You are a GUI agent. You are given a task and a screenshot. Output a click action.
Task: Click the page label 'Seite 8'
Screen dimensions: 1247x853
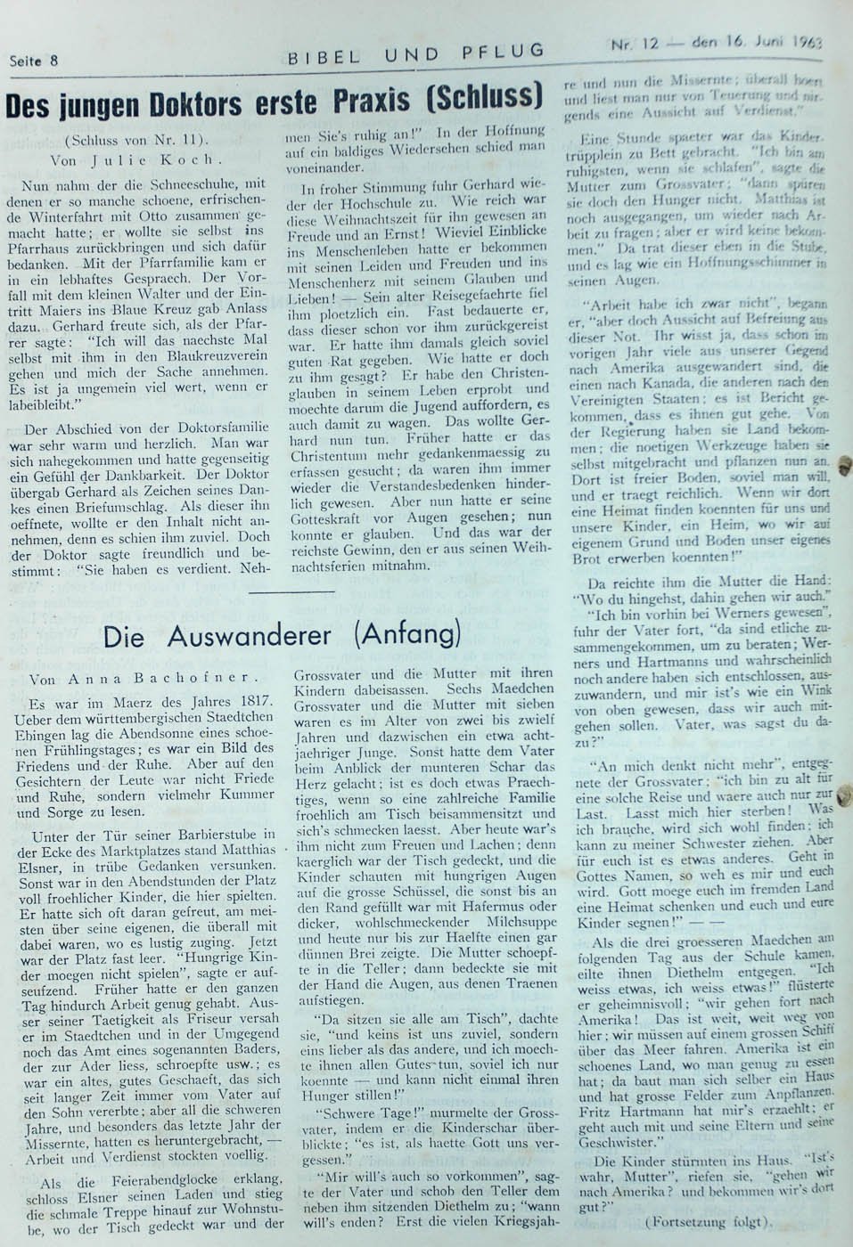point(34,61)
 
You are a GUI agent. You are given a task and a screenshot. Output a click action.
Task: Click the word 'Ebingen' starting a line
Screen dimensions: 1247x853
point(41,733)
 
